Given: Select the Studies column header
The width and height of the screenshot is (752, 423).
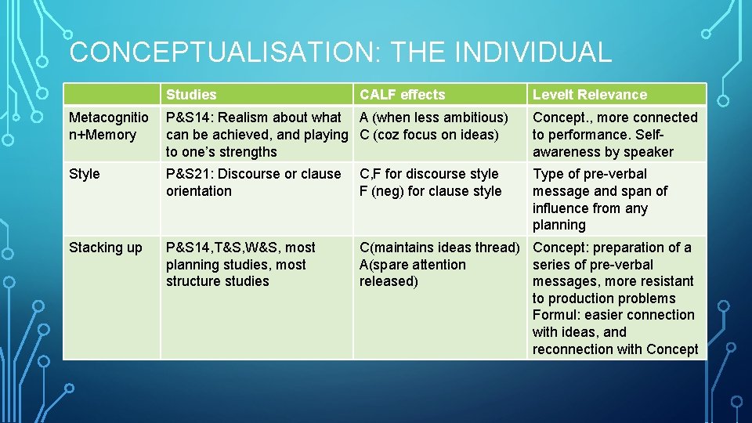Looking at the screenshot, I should click(x=191, y=95).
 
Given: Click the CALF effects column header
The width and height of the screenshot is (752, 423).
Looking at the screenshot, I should click(x=402, y=95).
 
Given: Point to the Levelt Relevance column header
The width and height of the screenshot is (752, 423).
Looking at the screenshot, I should click(x=590, y=95).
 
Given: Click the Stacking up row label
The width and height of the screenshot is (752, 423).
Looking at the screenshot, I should click(x=106, y=248).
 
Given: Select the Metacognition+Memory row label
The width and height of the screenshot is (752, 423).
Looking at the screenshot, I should click(x=108, y=126).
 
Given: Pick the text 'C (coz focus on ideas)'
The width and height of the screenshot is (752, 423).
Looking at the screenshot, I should click(x=428, y=135).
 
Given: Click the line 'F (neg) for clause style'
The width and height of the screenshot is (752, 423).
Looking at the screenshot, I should click(x=430, y=191).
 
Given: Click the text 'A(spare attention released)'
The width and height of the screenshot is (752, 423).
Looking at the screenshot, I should click(x=412, y=273).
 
